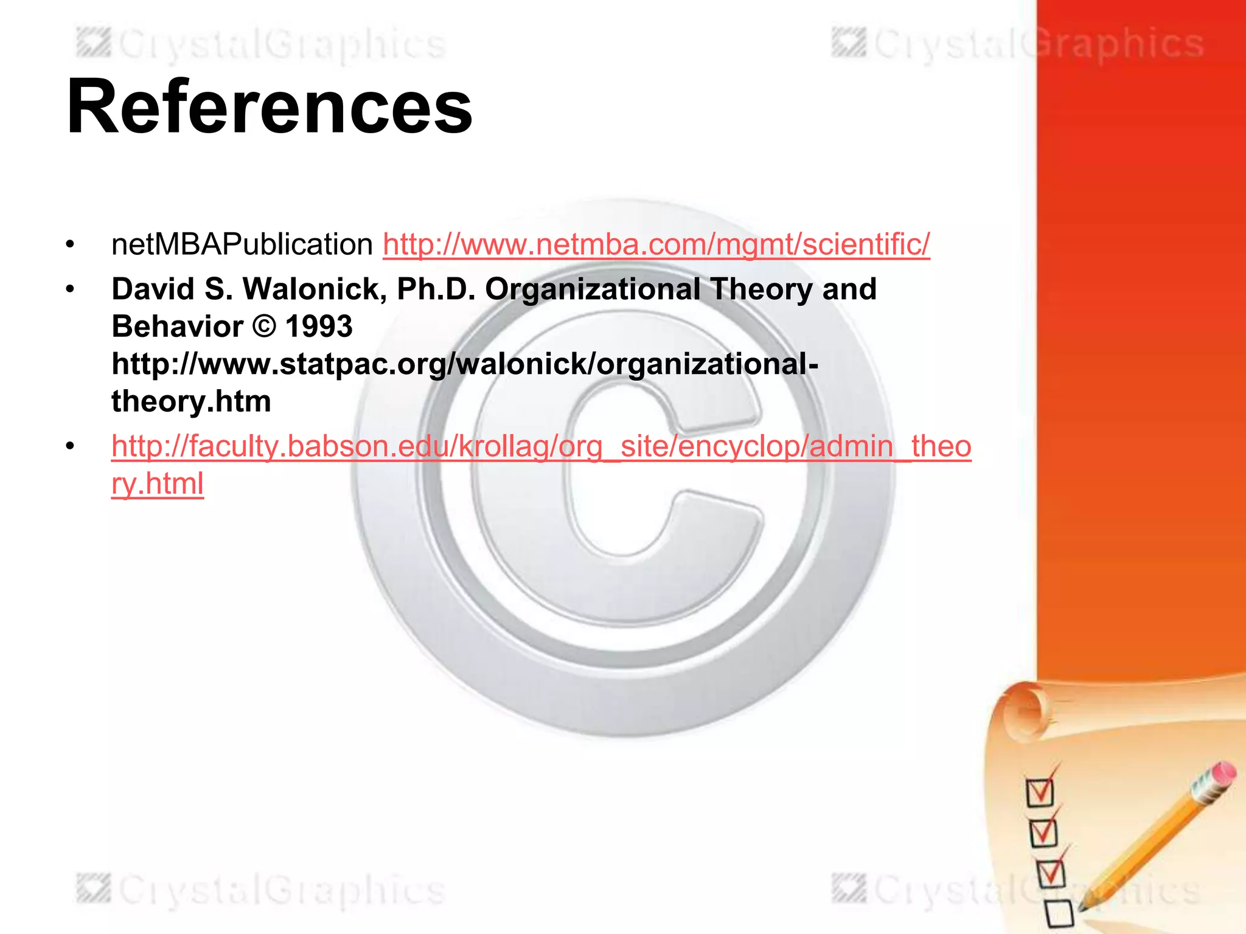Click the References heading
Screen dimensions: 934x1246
pyautogui.click(x=270, y=108)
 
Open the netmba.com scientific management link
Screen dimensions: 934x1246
pyautogui.click(x=656, y=244)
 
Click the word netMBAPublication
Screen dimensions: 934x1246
pyautogui.click(x=242, y=244)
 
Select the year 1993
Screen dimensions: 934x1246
pyautogui.click(x=319, y=327)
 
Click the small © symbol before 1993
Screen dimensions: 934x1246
pyautogui.click(x=264, y=327)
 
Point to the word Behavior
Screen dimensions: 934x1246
pyautogui.click(x=177, y=327)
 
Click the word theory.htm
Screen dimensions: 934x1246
pyautogui.click(x=191, y=402)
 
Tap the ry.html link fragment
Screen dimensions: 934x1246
pyautogui.click(x=157, y=484)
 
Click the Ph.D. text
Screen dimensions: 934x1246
pyautogui.click(x=436, y=289)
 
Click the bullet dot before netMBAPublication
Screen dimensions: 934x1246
pyautogui.click(x=71, y=245)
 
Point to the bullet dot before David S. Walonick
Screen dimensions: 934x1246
pyautogui.click(x=71, y=289)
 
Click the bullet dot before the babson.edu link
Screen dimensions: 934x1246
pyautogui.click(x=71, y=447)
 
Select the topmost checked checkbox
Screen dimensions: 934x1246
pyautogui.click(x=1039, y=792)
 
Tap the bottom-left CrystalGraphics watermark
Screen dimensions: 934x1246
pyautogui.click(x=262, y=890)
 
